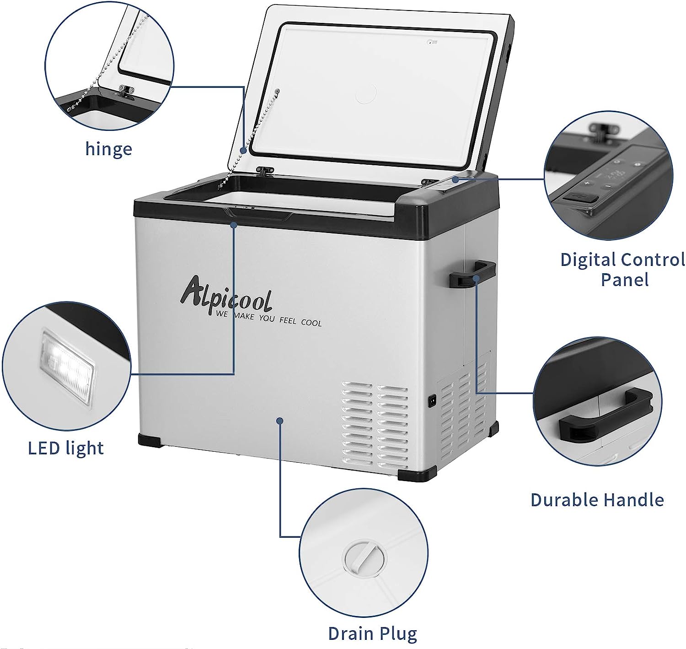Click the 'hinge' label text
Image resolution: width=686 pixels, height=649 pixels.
[108, 149]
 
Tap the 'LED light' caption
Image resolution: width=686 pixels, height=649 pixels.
[65, 448]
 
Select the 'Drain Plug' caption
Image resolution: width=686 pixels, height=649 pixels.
[373, 633]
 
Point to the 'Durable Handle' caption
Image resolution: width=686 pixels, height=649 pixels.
[597, 500]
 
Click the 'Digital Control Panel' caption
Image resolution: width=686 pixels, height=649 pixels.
[623, 269]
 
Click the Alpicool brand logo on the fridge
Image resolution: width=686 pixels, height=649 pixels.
[226, 294]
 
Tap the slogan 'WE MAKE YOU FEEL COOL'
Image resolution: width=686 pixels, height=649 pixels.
[268, 318]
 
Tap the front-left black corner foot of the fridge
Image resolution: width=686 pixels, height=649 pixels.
[150, 440]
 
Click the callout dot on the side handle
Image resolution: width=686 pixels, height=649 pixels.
[476, 278]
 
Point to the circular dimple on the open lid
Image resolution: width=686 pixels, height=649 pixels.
[366, 93]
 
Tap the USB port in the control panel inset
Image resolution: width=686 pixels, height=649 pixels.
[581, 197]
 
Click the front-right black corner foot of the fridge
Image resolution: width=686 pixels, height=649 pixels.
[417, 474]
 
